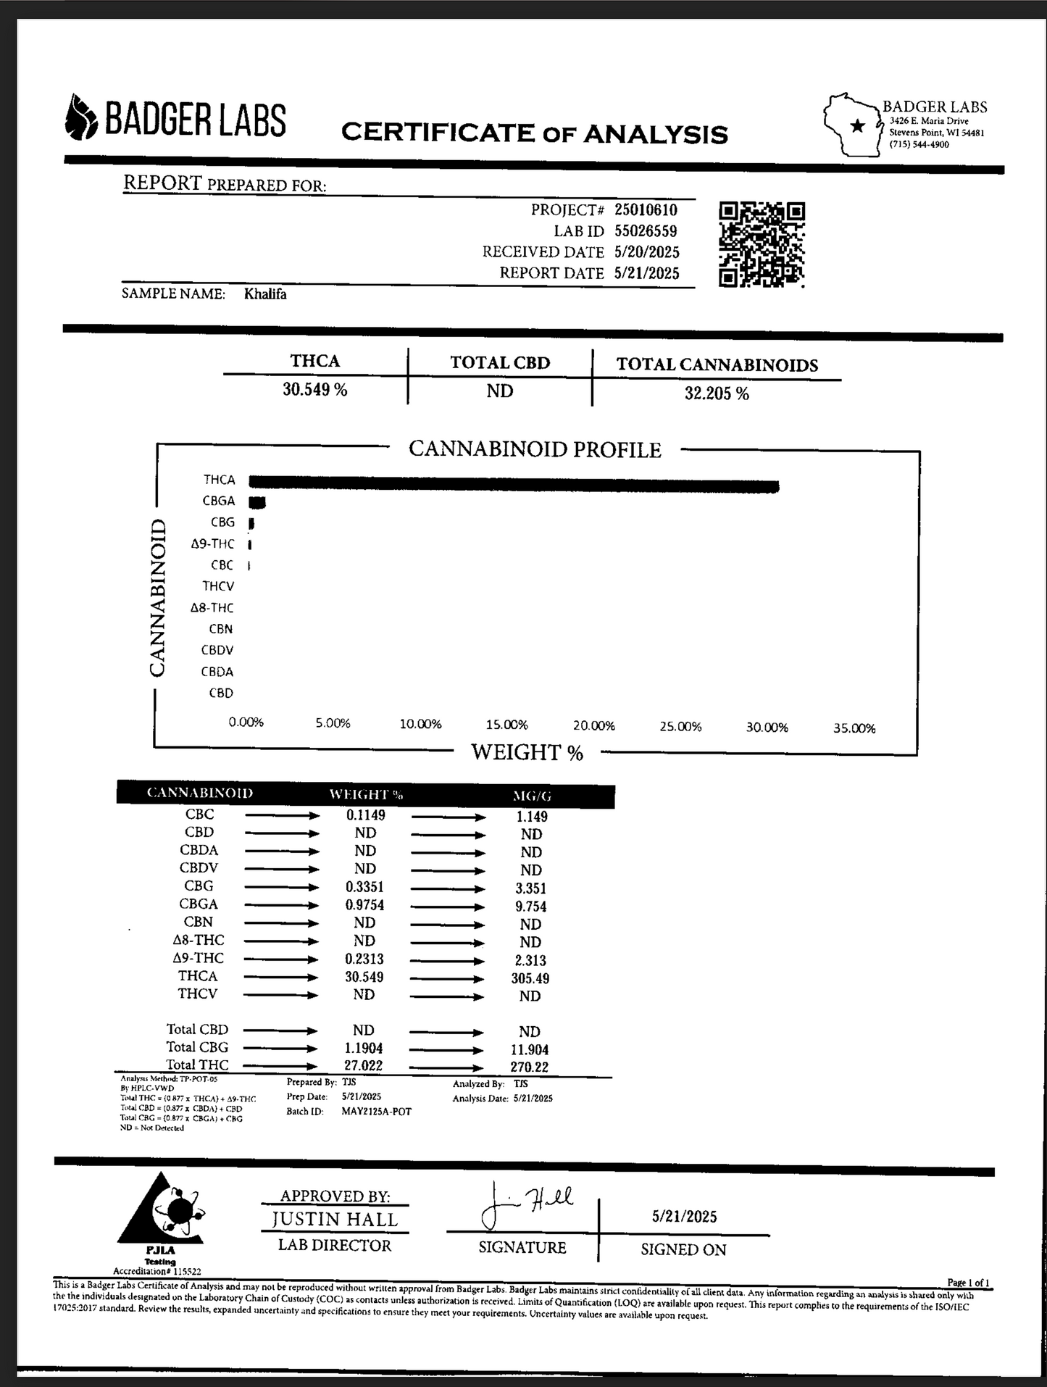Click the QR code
coord(762,244)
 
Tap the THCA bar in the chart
coord(513,484)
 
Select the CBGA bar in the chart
coord(257,502)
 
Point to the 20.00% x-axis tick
coord(593,725)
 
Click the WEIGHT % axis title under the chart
coord(527,752)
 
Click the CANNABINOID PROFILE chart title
coord(535,449)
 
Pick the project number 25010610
coord(646,210)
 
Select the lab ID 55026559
coord(646,231)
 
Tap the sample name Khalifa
coord(265,294)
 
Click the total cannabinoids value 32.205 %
coord(717,393)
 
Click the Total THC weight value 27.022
coord(364,1066)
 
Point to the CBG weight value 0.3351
coord(364,887)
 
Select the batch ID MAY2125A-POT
coord(376,1112)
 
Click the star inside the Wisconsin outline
coord(857,126)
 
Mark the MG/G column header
coord(532,796)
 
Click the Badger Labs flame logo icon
coord(80,118)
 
